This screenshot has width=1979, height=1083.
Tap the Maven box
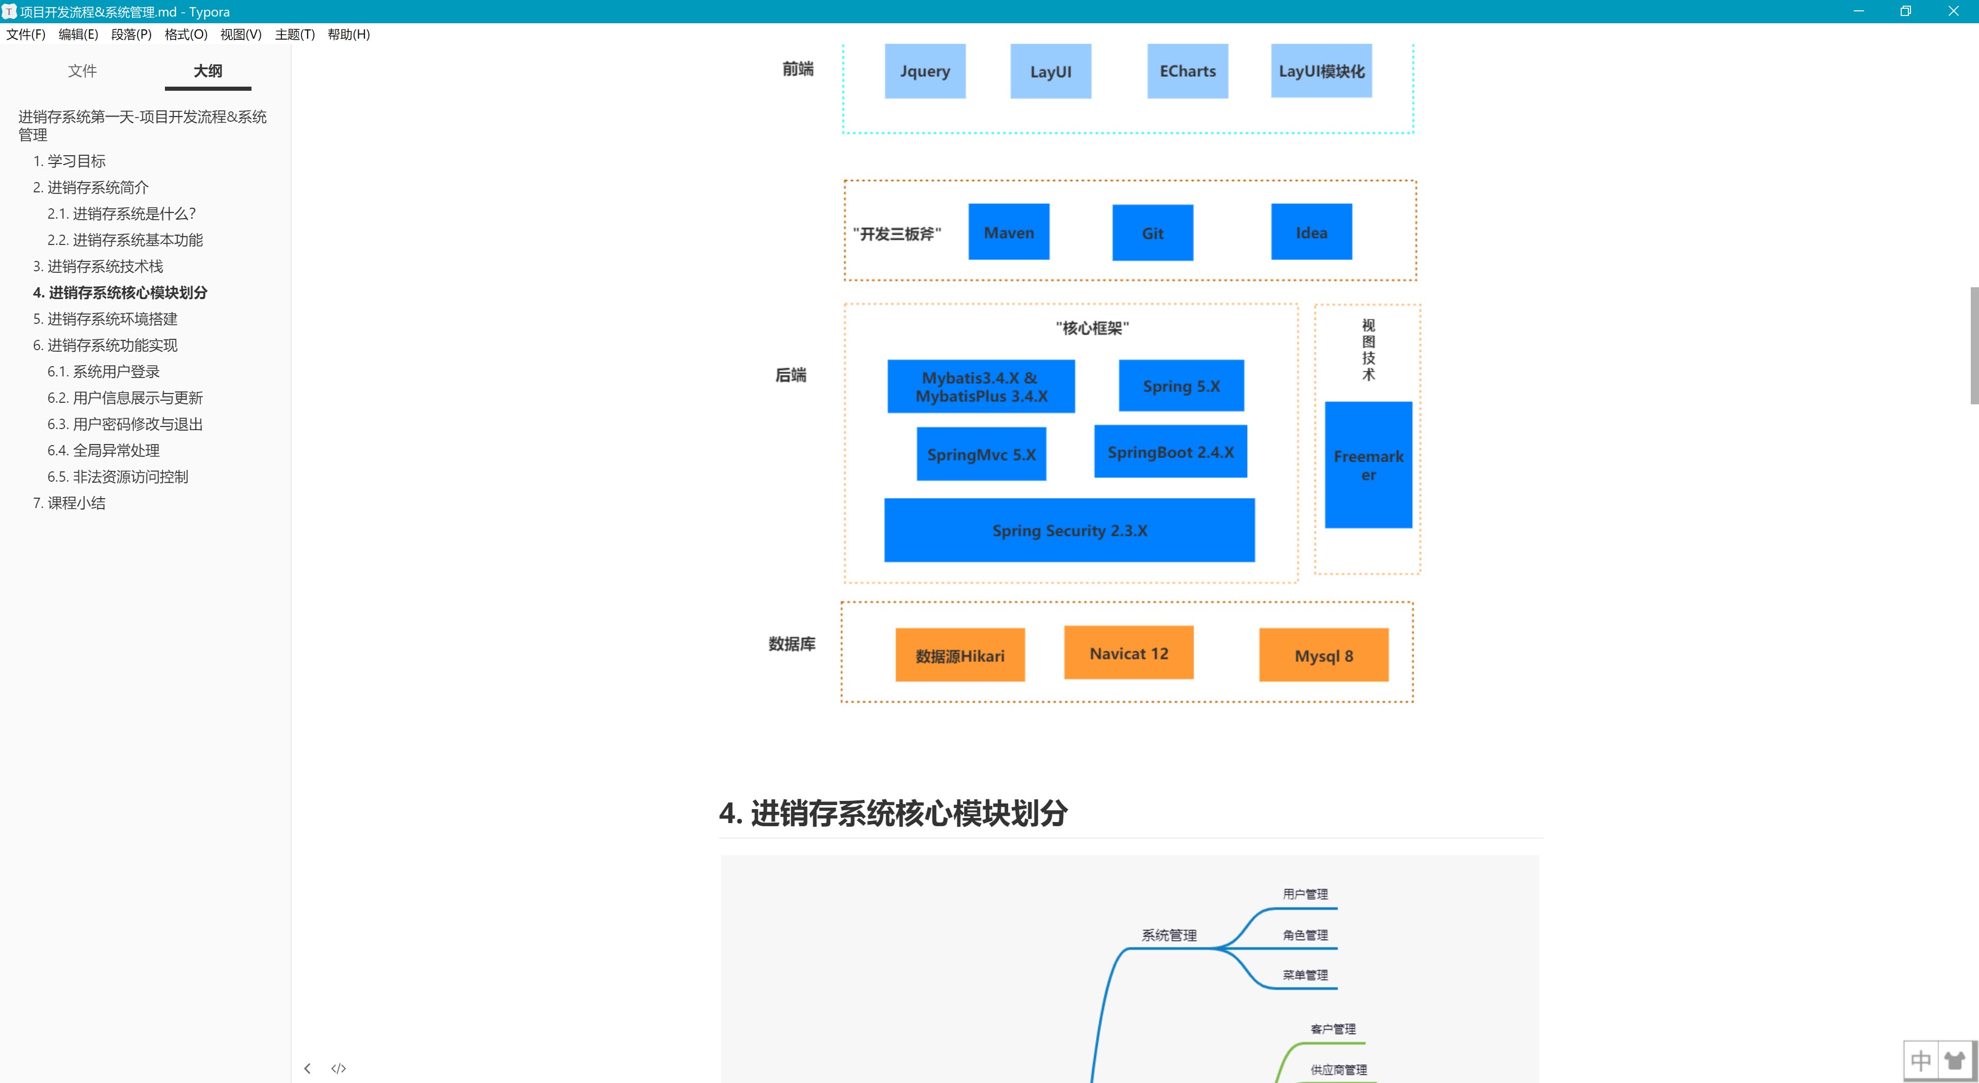tap(1009, 232)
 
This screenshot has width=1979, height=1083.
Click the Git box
tap(1152, 233)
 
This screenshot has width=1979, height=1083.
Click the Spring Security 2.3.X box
tap(1069, 530)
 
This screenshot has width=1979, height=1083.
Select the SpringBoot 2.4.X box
tap(1170, 452)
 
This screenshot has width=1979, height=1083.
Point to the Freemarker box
tap(1368, 465)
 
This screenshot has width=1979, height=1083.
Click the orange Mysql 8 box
tap(1323, 655)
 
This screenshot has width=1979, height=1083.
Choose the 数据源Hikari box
tap(960, 655)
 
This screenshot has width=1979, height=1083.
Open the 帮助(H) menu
tap(348, 34)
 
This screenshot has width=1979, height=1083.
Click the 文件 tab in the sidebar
tap(82, 71)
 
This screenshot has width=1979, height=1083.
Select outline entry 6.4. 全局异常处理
tap(103, 450)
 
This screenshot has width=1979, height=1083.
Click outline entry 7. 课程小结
tap(69, 503)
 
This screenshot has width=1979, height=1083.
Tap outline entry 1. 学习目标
tap(69, 160)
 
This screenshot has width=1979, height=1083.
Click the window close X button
tap(1953, 11)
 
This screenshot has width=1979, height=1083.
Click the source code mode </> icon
tap(338, 1069)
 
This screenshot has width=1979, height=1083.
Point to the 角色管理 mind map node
tap(1304, 934)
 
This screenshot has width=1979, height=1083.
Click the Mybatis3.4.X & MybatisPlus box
tap(981, 387)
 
